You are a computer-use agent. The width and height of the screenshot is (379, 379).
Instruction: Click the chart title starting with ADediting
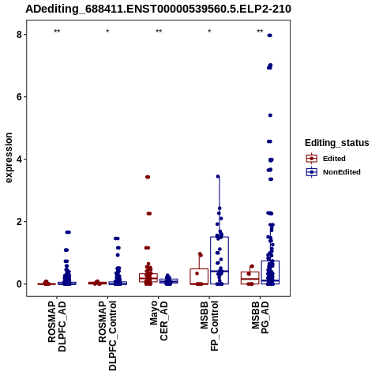click(x=158, y=9)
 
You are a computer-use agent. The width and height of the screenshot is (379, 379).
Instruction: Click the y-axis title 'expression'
click(x=9, y=158)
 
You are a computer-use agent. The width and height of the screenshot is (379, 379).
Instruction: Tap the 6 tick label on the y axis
click(x=19, y=97)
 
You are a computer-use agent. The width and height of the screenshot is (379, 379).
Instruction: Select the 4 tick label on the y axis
click(x=19, y=159)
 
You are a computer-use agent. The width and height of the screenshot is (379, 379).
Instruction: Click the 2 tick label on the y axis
click(x=19, y=222)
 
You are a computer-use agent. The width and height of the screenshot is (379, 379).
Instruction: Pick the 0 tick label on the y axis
click(x=19, y=284)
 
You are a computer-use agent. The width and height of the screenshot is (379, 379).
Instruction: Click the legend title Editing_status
click(x=337, y=143)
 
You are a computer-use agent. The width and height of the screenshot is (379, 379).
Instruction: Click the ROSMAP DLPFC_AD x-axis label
click(x=57, y=326)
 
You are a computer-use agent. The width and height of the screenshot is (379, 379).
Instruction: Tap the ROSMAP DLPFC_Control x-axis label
click(x=107, y=336)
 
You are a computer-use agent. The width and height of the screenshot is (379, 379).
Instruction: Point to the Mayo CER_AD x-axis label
click(x=159, y=321)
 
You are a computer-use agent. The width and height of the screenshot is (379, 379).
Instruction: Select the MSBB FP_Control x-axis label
click(x=209, y=326)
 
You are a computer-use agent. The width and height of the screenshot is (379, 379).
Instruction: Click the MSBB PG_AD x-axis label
click(x=260, y=317)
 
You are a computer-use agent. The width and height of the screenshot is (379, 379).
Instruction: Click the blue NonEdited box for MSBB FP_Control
click(x=220, y=261)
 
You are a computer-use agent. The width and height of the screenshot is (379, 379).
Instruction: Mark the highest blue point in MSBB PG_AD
click(x=269, y=36)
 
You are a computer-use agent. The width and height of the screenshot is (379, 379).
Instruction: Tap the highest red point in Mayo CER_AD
click(x=148, y=177)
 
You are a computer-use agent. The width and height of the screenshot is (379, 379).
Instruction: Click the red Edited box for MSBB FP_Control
click(x=199, y=276)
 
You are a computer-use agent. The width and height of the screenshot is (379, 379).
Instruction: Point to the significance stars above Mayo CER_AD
click(x=159, y=32)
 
